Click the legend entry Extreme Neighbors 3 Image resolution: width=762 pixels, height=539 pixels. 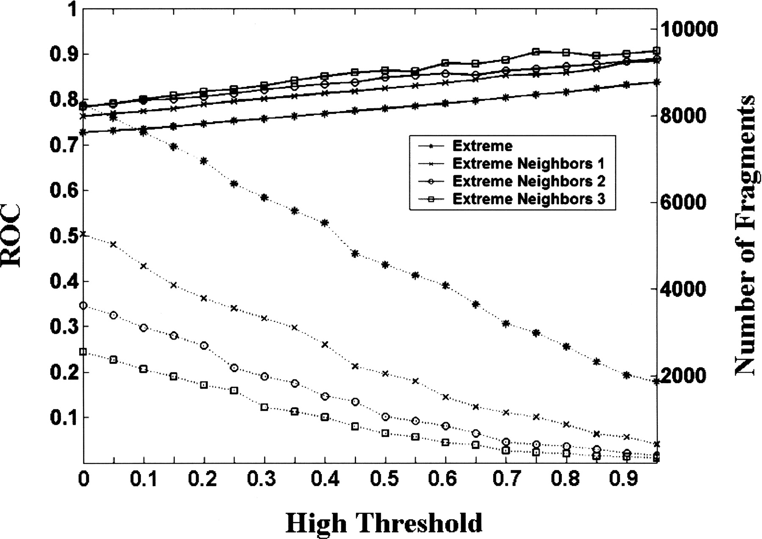(529, 199)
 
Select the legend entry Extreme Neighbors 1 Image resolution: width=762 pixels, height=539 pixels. (528, 163)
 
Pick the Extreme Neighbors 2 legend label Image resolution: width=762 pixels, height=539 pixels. (529, 181)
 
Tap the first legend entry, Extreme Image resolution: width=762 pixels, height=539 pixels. (482, 146)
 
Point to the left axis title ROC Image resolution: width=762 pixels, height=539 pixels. (11, 235)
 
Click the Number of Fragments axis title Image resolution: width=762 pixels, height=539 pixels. (745, 235)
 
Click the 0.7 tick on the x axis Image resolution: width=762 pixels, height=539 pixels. (506, 479)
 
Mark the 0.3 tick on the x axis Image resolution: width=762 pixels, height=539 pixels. (264, 479)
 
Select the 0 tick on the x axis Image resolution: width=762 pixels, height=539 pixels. (83, 479)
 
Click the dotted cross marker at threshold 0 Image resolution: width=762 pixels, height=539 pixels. (83, 234)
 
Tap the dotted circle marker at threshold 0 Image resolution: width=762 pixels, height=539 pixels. (83, 306)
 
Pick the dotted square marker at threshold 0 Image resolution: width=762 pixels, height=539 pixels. (83, 352)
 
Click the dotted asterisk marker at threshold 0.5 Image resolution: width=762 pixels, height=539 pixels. (385, 265)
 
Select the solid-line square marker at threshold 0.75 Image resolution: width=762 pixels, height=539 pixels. (536, 52)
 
